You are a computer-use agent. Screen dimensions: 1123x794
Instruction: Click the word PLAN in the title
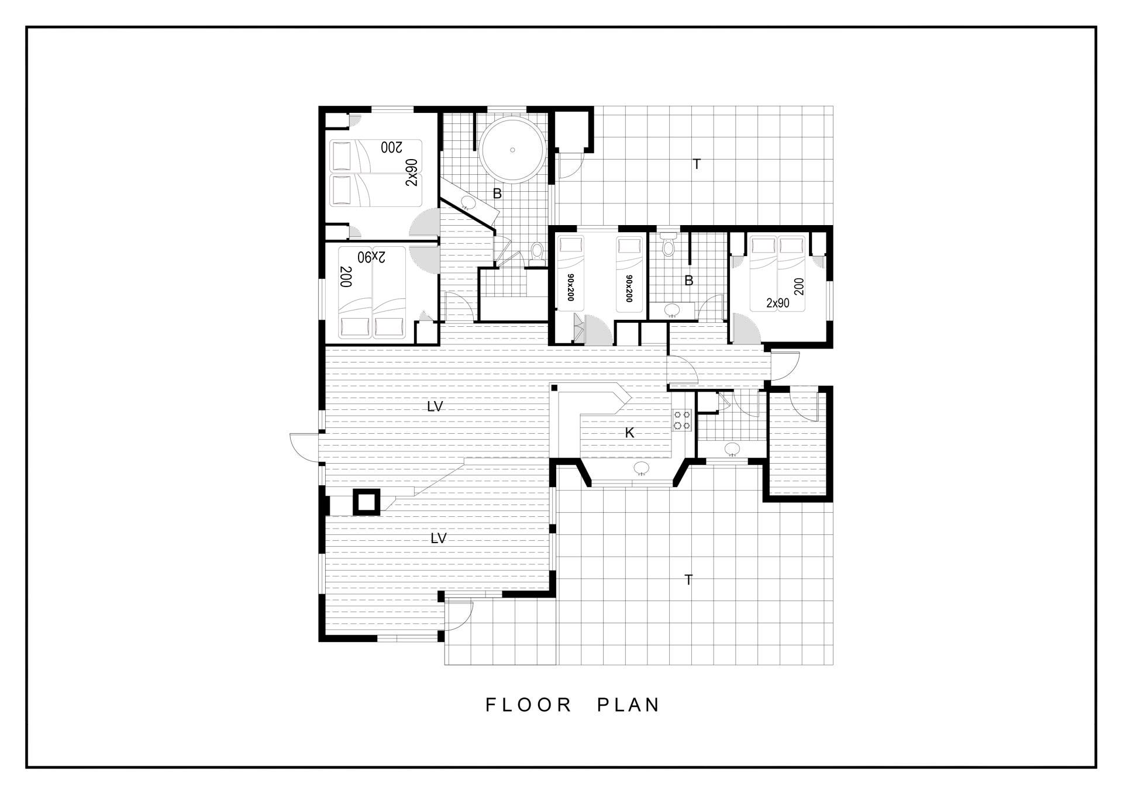[629, 705]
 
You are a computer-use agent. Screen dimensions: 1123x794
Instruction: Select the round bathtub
[513, 150]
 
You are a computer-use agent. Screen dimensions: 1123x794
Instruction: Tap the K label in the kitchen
[630, 433]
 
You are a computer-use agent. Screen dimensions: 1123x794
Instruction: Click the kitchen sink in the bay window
[642, 468]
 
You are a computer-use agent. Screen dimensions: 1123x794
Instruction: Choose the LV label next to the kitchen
[435, 406]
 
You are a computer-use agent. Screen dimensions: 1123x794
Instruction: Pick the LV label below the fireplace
[439, 538]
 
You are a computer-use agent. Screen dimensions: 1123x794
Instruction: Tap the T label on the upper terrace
[697, 164]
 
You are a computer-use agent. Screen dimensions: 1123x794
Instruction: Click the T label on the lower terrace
[688, 580]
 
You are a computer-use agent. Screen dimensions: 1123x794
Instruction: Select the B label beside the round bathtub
[497, 194]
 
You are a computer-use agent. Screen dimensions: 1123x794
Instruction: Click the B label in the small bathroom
[689, 281]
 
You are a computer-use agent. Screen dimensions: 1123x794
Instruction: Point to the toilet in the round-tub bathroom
[536, 252]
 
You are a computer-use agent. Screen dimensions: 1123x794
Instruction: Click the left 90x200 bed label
[570, 288]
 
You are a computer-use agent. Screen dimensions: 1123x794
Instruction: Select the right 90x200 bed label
[629, 288]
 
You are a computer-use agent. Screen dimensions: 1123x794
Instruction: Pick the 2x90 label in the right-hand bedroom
[778, 303]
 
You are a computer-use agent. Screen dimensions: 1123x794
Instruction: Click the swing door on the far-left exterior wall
[304, 447]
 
